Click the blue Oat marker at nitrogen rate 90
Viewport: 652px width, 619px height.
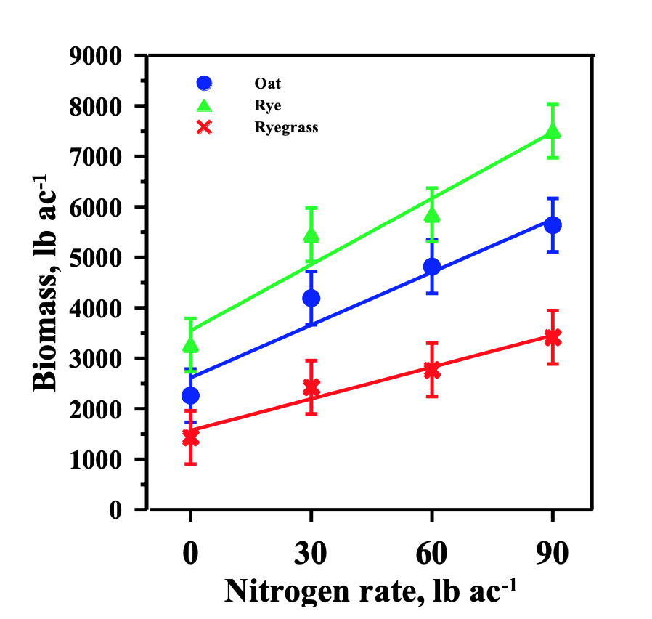pos(553,224)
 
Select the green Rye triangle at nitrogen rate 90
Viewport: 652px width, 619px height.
pos(553,132)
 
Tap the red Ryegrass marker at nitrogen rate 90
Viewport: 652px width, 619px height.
pos(553,336)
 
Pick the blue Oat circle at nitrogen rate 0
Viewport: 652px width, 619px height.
pos(190,395)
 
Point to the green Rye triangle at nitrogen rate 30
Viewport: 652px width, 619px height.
pos(311,235)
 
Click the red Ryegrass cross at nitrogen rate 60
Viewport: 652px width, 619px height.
pos(431,370)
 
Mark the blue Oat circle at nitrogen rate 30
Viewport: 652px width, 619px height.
pos(311,298)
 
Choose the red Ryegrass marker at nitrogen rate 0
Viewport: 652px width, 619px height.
pos(190,437)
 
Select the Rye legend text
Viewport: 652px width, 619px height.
pos(268,105)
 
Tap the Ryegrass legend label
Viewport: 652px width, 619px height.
pos(287,127)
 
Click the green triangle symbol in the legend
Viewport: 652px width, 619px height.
pos(205,105)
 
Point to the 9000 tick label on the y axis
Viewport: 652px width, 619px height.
pos(96,56)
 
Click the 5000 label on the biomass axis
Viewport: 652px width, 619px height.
pos(96,258)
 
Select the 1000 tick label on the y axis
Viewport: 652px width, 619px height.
pos(96,460)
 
